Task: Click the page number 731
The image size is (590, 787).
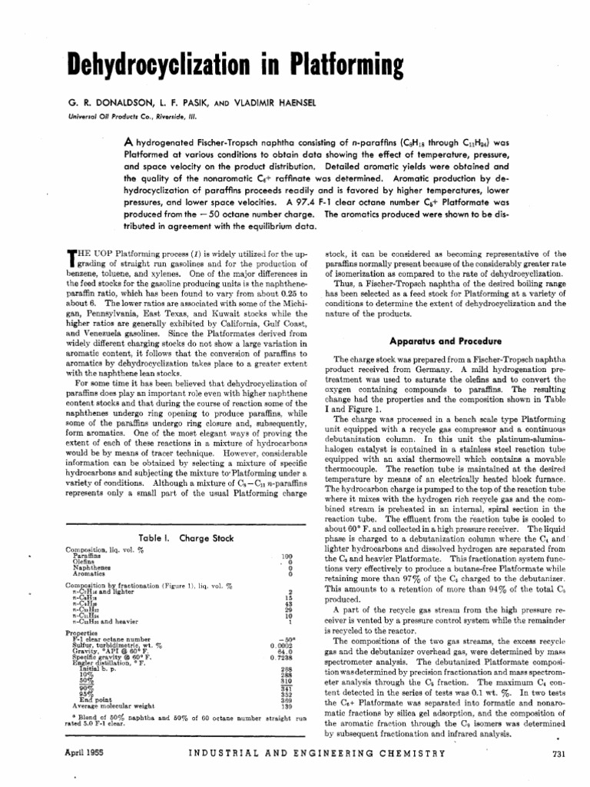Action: [x=558, y=754]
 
